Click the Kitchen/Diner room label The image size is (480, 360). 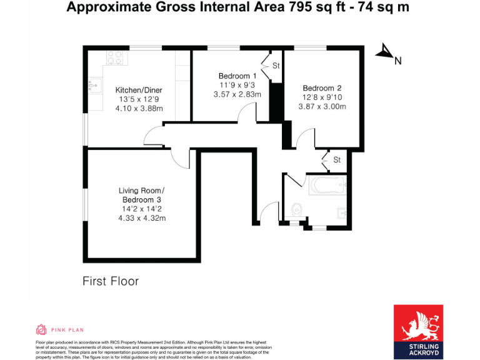click(139, 89)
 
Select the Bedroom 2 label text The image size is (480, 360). click(322, 87)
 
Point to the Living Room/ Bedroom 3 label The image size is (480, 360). click(142, 194)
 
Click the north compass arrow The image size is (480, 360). click(383, 52)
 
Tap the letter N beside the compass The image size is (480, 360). click(397, 61)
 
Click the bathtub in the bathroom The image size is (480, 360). click(326, 185)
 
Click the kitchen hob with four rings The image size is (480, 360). click(115, 57)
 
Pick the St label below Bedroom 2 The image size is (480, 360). click(337, 160)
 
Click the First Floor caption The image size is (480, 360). click(111, 281)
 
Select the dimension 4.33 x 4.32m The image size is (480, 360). click(142, 218)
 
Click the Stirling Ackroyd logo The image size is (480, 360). click(418, 332)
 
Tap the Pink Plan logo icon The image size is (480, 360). click(41, 329)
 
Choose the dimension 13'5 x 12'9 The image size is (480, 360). click(139, 99)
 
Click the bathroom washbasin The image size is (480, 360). click(342, 212)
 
